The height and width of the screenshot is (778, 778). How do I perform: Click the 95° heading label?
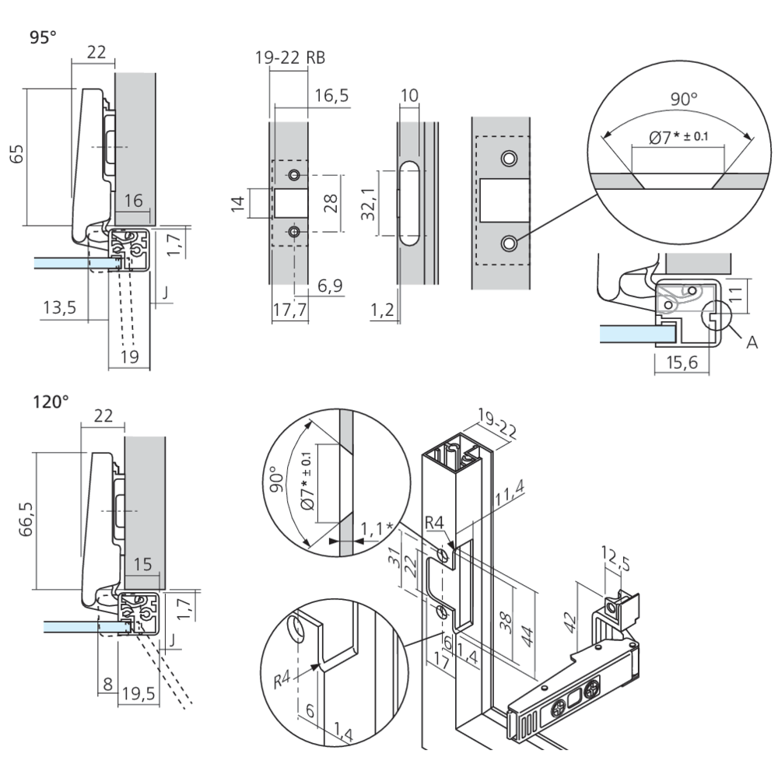click(x=44, y=37)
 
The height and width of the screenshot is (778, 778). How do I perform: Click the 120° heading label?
click(x=50, y=401)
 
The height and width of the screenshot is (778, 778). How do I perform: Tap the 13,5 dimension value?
click(x=59, y=307)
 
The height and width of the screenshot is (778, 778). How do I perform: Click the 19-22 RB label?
click(x=290, y=57)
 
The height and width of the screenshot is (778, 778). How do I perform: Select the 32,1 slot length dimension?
click(x=373, y=205)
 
